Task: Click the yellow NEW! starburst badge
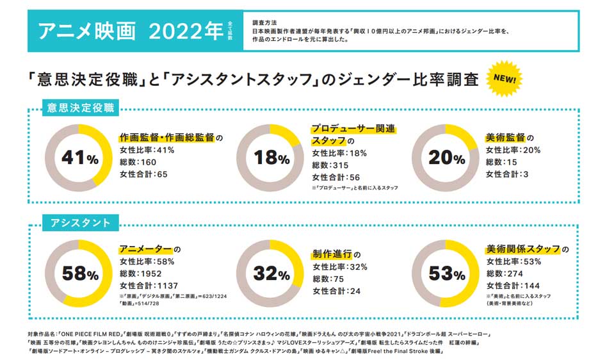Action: pos(506,79)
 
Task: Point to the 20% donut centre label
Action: pos(447,157)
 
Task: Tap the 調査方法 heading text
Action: pos(266,22)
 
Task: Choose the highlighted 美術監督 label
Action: pos(509,138)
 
